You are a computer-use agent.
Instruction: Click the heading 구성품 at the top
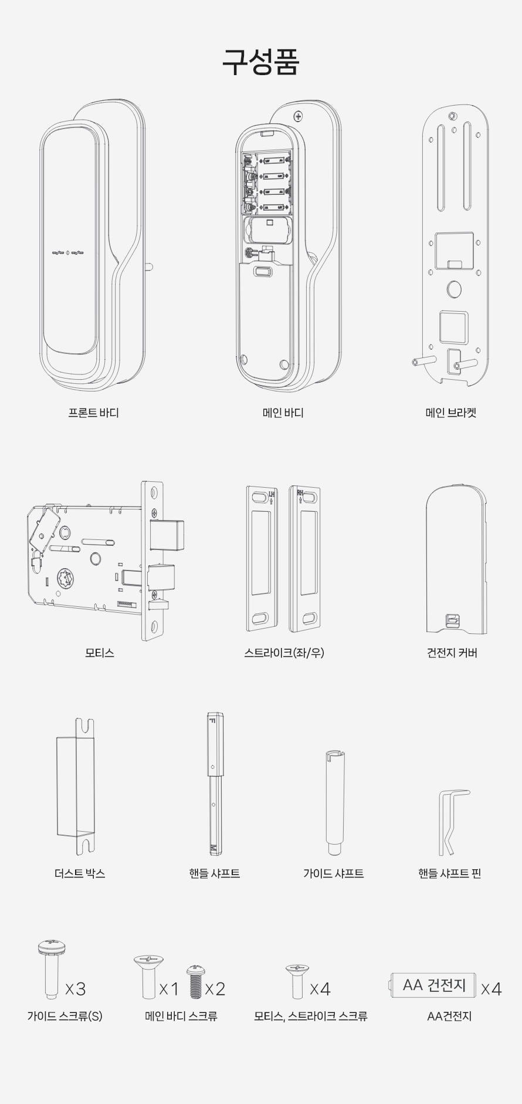(260, 61)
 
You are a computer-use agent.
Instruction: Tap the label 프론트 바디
(93, 413)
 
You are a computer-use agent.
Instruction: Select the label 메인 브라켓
(450, 413)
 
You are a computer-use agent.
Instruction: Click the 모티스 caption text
(99, 653)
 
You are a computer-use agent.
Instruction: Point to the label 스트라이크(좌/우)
(284, 653)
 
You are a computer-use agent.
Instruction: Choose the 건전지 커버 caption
(452, 653)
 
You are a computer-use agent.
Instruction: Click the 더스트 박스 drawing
(76, 786)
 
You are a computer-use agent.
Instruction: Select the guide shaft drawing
(335, 802)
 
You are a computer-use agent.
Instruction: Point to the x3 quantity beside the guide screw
(76, 989)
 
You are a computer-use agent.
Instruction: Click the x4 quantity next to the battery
(491, 989)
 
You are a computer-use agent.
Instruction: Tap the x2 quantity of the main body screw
(215, 989)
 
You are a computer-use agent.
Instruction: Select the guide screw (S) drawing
(52, 968)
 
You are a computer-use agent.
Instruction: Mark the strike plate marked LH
(261, 559)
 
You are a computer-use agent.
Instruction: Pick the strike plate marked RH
(305, 559)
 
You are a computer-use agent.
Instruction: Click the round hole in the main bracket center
(454, 289)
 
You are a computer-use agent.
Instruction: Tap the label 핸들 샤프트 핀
(449, 873)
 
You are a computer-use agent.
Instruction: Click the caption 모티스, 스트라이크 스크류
(311, 1016)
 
